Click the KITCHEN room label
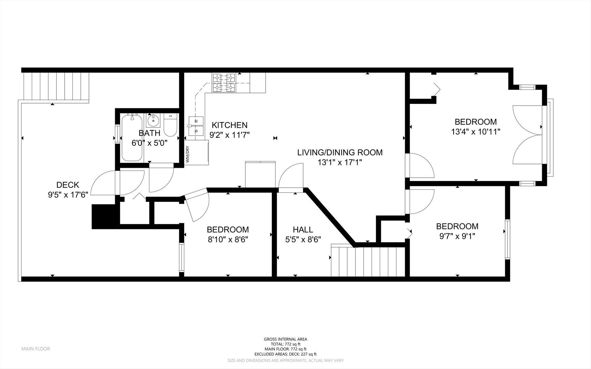point(229,125)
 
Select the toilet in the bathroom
point(170,125)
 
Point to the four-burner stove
point(224,83)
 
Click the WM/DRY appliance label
point(187,154)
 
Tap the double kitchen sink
point(196,125)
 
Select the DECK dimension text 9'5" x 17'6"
point(68,195)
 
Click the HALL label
point(303,230)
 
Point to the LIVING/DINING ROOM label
point(340,152)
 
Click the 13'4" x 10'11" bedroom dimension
point(476,132)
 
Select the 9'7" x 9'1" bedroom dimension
point(457,236)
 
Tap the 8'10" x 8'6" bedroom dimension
point(228,240)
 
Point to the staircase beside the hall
point(368,261)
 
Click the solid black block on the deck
point(105,217)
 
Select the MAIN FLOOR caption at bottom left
point(36,349)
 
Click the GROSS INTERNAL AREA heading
point(285,339)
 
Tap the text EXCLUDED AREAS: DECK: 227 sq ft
point(285,354)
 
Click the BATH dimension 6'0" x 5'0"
point(149,143)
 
